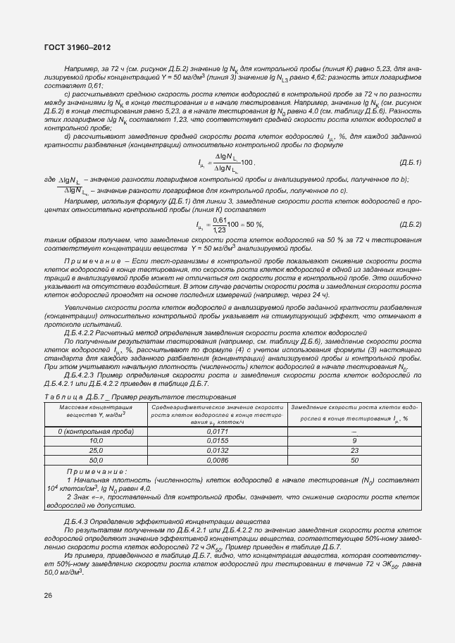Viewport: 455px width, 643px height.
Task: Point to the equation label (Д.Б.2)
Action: tap(409, 225)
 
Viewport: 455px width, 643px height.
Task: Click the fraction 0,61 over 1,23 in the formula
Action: tap(218, 225)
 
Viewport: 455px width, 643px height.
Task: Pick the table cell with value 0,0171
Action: tap(217, 430)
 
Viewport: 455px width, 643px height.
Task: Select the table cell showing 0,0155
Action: tap(217, 440)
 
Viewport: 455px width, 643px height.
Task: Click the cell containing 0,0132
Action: tap(217, 450)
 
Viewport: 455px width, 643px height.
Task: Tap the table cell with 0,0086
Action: tap(217, 460)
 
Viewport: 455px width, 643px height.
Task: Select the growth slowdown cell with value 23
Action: tap(354, 450)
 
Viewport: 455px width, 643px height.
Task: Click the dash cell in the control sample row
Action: tap(354, 430)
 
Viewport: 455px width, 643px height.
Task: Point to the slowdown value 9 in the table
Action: tap(354, 440)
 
